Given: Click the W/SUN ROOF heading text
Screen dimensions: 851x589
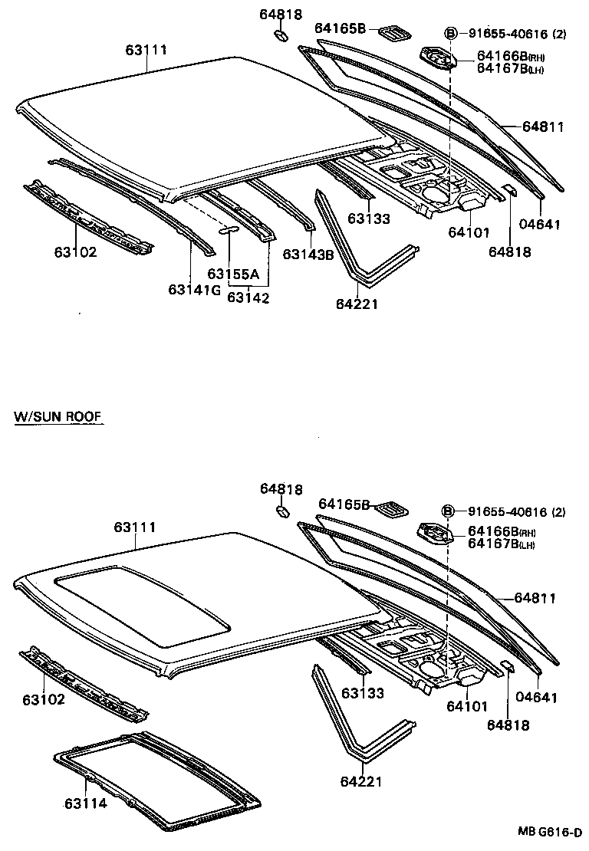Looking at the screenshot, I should point(58,417).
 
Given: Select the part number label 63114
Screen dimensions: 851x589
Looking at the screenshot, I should point(85,803).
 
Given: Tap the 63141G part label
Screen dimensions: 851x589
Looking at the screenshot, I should point(194,289).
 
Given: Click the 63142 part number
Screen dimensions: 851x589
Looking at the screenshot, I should point(248,298).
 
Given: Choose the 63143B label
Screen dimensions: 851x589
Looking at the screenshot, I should point(308,255).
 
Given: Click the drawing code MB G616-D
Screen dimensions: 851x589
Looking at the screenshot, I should point(549,831).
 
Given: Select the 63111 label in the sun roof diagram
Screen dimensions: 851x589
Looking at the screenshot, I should point(135,527).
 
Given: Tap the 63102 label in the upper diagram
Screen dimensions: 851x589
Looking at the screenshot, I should point(75,251).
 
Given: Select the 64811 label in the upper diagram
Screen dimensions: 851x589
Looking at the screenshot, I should point(544,127).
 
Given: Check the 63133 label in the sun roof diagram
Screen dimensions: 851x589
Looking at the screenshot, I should point(363,693).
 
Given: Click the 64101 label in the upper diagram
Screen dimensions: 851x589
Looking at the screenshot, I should point(468,232).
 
